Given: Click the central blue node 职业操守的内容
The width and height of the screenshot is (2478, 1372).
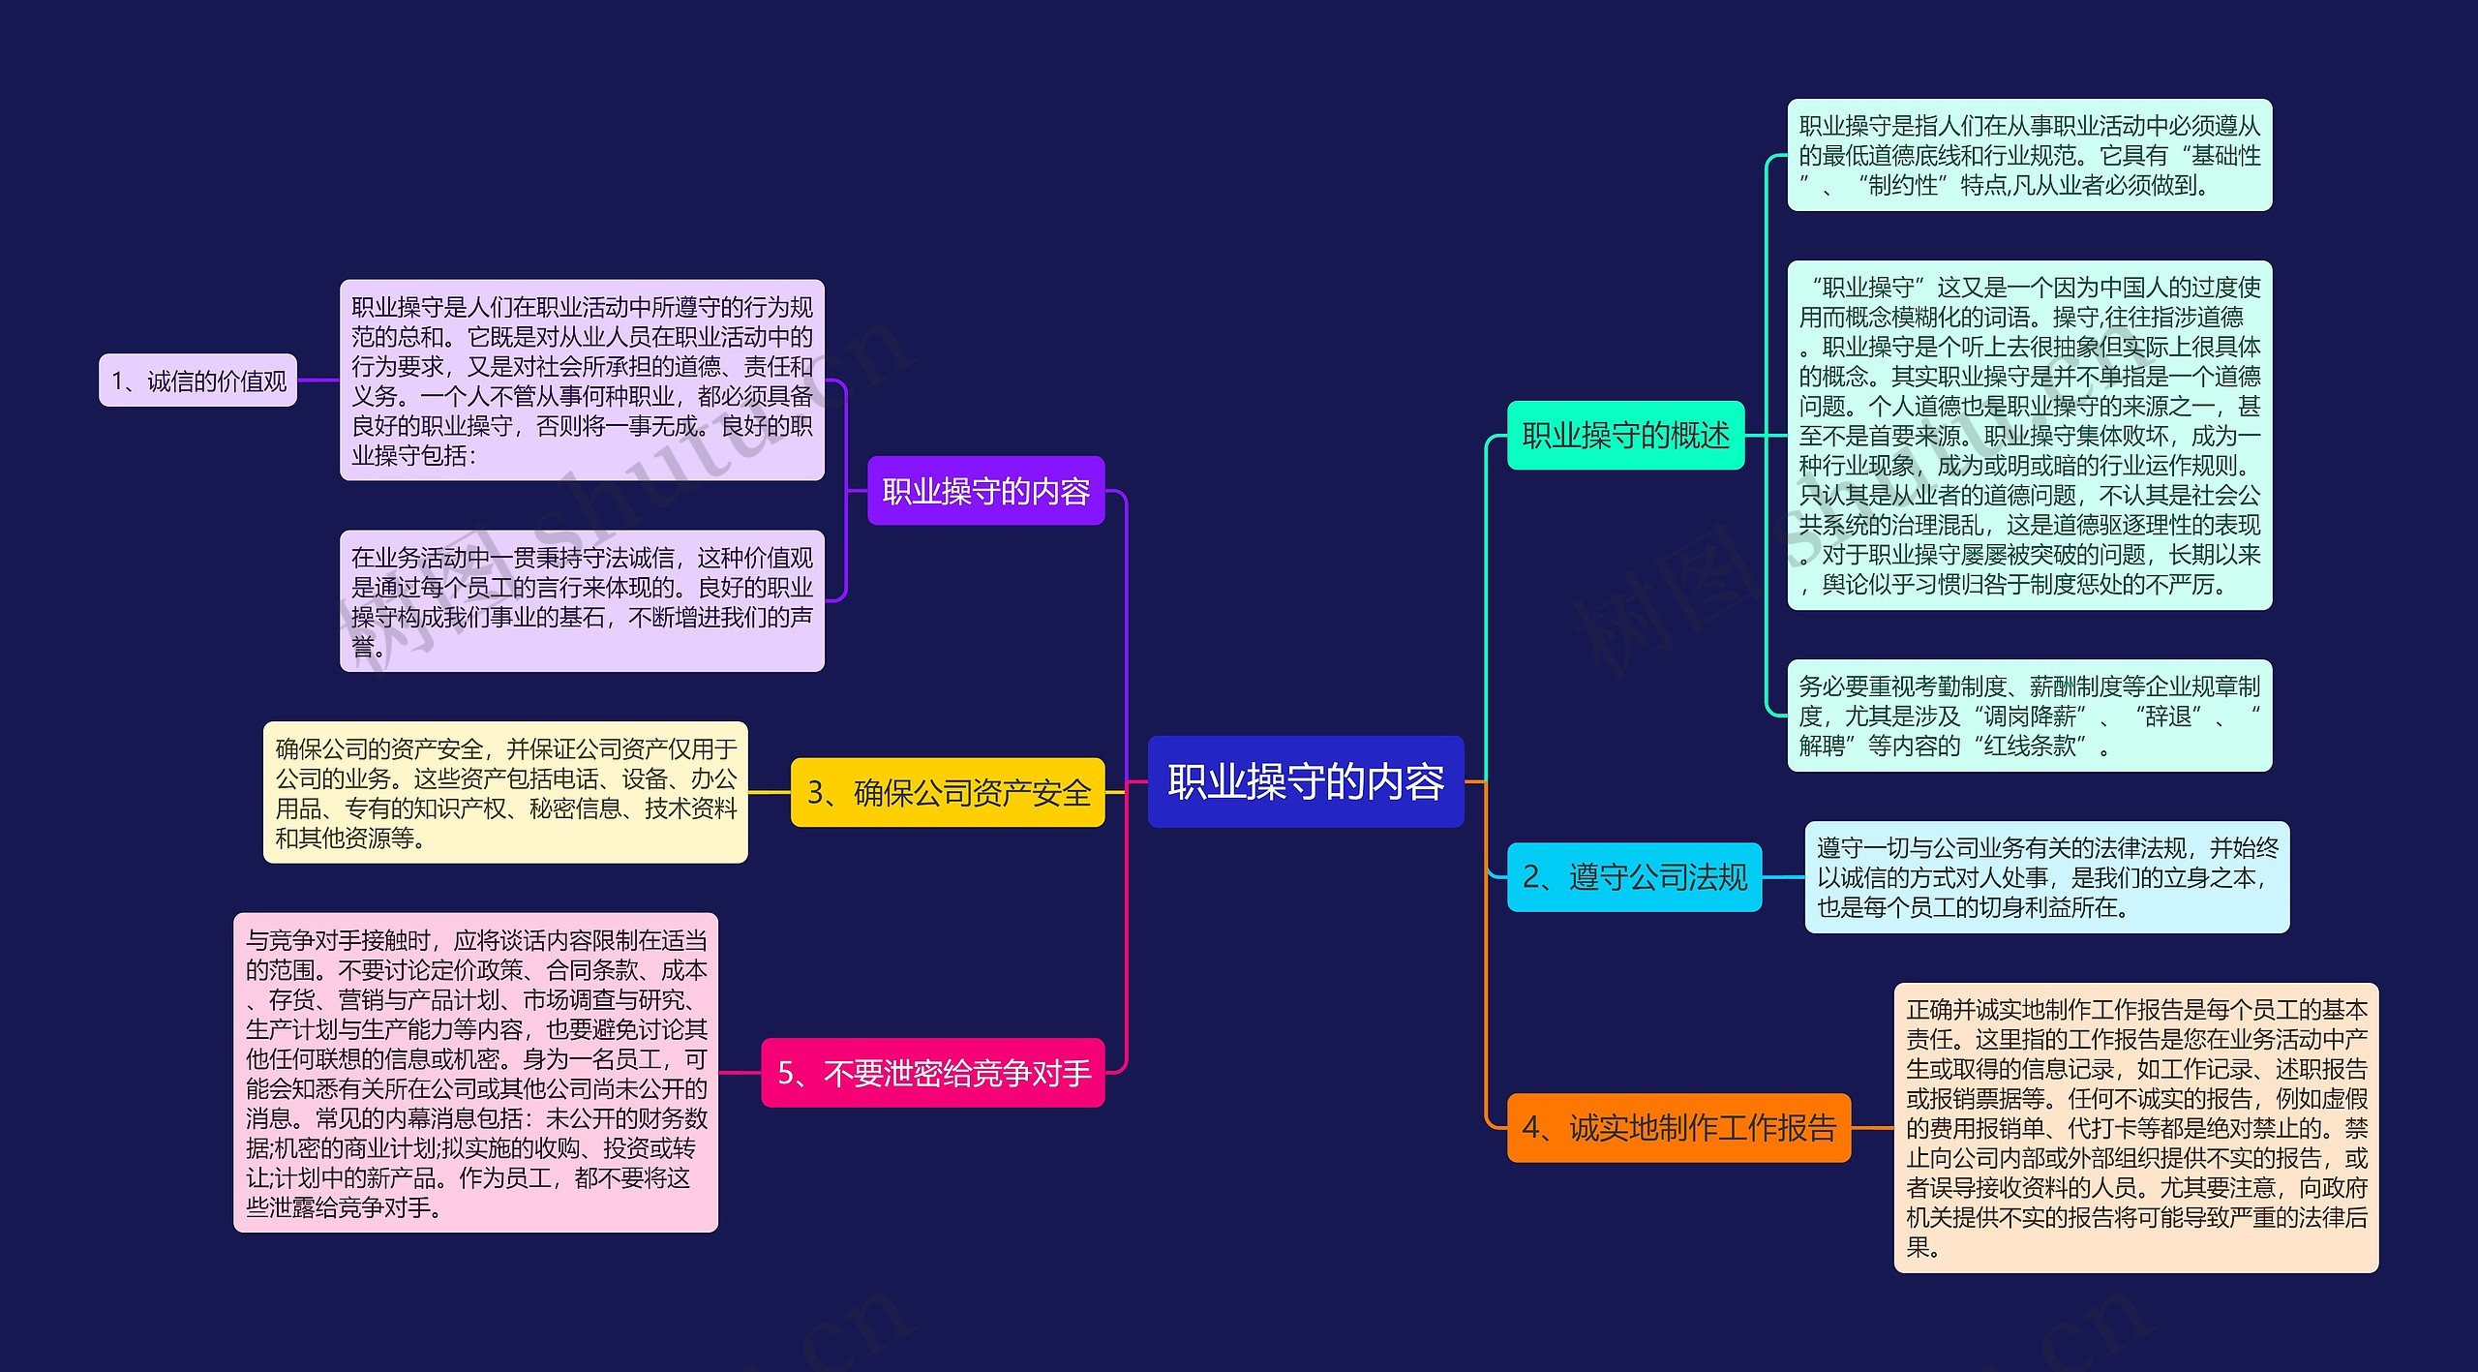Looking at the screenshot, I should pos(1305,781).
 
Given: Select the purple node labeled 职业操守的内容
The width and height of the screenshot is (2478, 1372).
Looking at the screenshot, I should pos(985,491).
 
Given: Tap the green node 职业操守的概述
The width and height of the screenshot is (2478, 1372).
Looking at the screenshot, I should pos(1625,435).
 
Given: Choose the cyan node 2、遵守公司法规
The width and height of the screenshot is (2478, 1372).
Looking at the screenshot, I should pos(1634,877).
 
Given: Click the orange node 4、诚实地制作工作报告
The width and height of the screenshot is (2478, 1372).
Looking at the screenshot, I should pos(1678,1127).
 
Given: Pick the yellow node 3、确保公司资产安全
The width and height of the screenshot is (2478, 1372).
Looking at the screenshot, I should pos(948,792).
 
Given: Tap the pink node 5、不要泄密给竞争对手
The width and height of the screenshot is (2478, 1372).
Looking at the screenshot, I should pos(933,1073).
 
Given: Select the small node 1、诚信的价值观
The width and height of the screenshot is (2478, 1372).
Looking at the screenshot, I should pos(197,381).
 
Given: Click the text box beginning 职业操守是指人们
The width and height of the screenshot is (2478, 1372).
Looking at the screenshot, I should pos(2029,155).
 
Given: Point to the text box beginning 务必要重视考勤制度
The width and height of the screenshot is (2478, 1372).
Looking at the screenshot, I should pos(2029,716).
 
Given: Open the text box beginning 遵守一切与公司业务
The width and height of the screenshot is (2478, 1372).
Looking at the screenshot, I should pos(2046,877).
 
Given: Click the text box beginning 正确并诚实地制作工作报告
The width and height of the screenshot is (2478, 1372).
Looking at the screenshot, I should pos(2135,1127).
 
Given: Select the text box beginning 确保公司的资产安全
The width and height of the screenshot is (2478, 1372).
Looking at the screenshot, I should pos(505,792).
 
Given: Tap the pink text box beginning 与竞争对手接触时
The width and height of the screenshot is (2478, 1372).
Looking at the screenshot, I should pos(475,1073).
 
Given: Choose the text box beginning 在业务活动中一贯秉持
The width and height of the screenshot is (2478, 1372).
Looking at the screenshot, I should pos(582,600).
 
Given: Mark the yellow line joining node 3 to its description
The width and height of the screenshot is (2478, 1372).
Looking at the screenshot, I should pos(770,792).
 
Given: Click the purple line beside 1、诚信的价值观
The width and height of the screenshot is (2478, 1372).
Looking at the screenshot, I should pos(317,380).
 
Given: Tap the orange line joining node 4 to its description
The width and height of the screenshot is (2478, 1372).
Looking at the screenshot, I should pos(1872,1127).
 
